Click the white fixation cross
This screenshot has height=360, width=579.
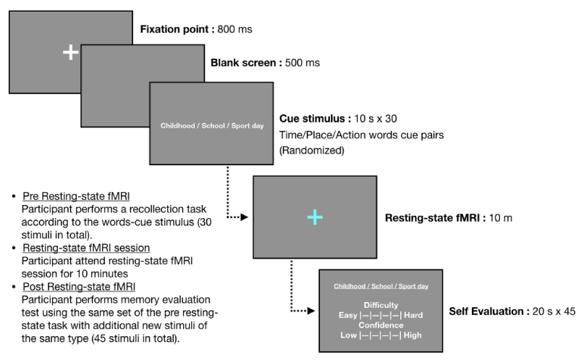coord(70,52)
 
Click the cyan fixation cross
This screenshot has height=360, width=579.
coord(315,217)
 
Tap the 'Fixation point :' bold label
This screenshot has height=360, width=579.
coord(177,29)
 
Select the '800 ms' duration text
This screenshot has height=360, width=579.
coord(234,29)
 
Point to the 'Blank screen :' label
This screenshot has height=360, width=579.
coord(246,63)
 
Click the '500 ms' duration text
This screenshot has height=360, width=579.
coord(303,63)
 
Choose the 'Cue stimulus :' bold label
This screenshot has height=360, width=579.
coord(315,119)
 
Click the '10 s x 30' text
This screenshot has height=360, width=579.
coord(376,119)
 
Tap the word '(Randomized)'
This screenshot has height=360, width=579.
coord(312,151)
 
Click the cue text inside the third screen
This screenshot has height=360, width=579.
coord(212,125)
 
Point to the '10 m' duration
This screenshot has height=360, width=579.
coord(501,218)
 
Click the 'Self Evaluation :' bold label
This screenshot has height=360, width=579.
coord(489,311)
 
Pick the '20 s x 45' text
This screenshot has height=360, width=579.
coord(554,311)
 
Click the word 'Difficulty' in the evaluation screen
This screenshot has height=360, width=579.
coord(381,305)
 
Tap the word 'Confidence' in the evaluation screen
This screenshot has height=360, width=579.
coord(381,325)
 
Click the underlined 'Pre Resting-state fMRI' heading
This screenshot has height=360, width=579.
coord(76,196)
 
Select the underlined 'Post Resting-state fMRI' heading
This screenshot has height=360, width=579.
coord(79,287)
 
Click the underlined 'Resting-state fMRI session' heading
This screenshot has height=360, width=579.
coord(86,248)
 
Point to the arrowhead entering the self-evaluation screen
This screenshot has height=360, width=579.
coord(311,311)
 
